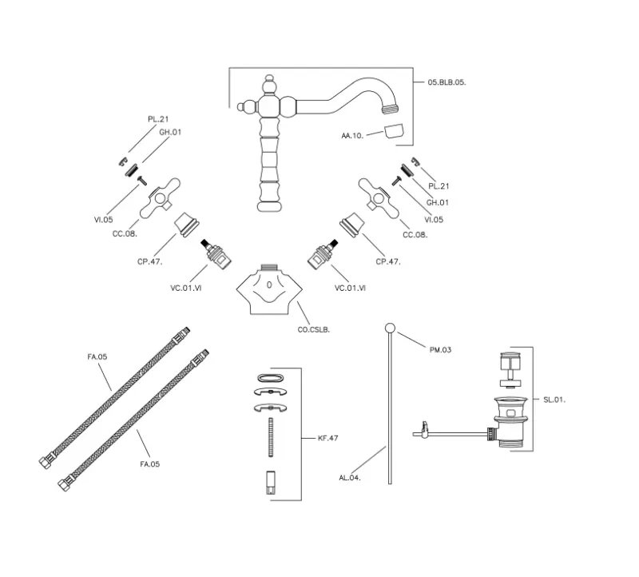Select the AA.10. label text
pos(352,136)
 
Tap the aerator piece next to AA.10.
pos(392,131)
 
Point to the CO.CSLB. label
pos(314,328)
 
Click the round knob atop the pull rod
pos(389,327)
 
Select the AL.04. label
pos(350,477)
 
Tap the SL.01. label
pos(554,399)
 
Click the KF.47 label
pos(327,438)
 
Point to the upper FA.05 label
pos(97,357)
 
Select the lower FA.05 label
pos(150,463)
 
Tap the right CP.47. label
pos(388,261)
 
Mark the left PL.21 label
pos(158,118)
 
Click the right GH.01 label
pos(437,202)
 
